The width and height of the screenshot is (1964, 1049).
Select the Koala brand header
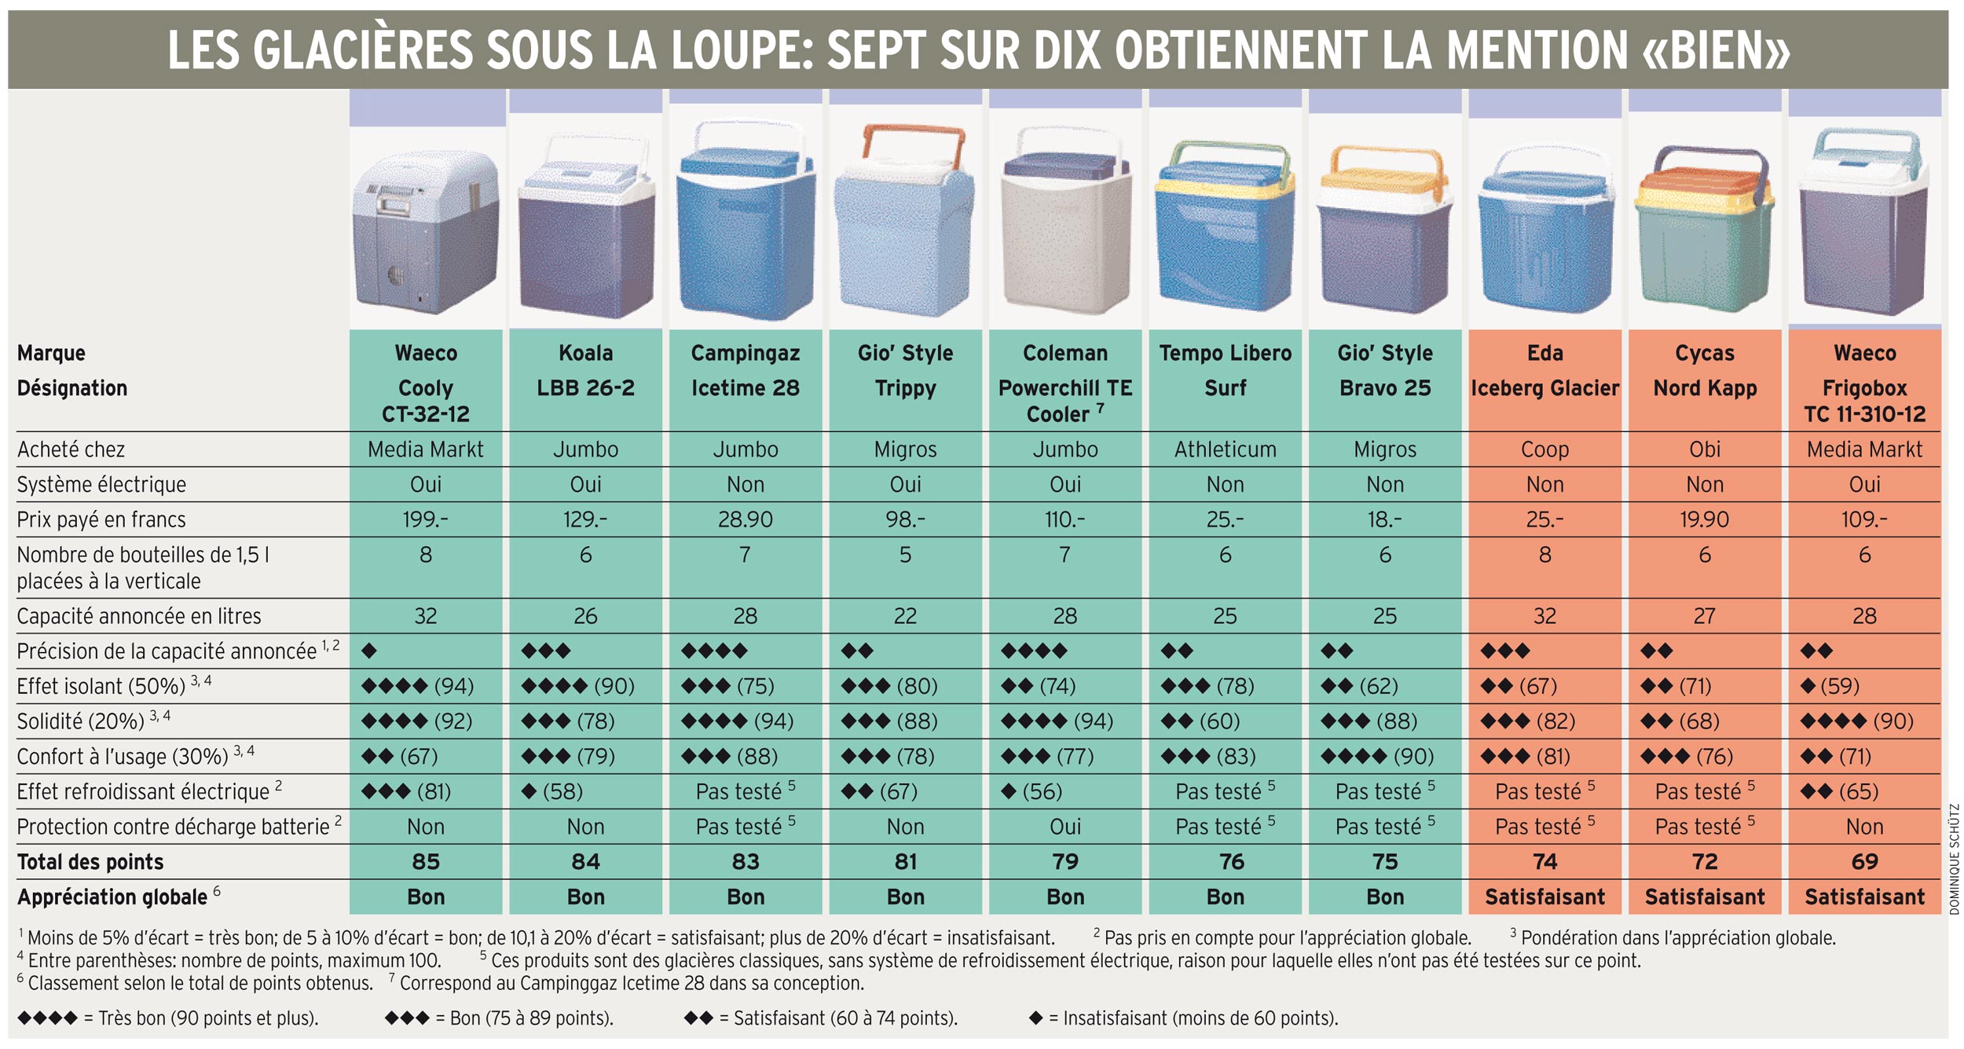pyautogui.click(x=585, y=353)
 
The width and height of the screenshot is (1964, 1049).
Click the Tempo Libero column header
pyautogui.click(x=1225, y=353)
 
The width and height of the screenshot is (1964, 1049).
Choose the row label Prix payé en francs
pyautogui.click(x=101, y=519)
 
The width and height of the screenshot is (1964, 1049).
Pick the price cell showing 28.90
pyautogui.click(x=745, y=519)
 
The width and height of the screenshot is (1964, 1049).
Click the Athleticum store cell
pyautogui.click(x=1225, y=449)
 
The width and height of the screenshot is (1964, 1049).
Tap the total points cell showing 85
pyautogui.click(x=426, y=861)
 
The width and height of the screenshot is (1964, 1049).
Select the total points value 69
pyautogui.click(x=1864, y=861)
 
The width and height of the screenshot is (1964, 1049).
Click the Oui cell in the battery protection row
pyautogui.click(x=1065, y=827)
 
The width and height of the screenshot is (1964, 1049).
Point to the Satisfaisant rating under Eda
pyautogui.click(x=1544, y=897)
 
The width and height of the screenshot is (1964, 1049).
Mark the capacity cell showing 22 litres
pyautogui.click(x=905, y=616)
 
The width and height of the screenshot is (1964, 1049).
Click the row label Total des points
pyautogui.click(x=90, y=862)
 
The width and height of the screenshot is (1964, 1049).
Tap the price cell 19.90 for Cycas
pyautogui.click(x=1705, y=519)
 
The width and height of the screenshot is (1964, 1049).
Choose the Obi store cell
pyautogui.click(x=1705, y=449)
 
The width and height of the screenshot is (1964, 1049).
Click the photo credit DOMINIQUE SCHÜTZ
pyautogui.click(x=1955, y=859)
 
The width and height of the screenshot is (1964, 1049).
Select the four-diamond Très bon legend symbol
pyautogui.click(x=47, y=1018)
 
